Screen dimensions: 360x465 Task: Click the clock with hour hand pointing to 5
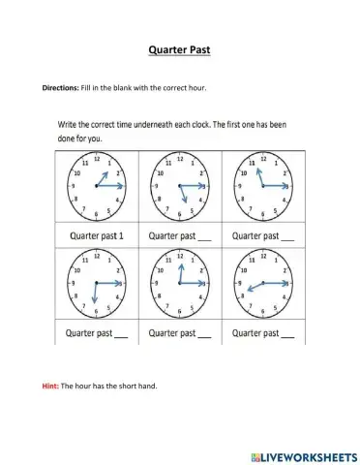click(x=179, y=184)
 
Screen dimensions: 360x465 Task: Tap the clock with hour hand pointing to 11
click(x=263, y=184)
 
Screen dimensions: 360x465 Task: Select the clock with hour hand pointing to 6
click(x=95, y=282)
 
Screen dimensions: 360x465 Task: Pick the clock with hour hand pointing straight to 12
click(x=179, y=282)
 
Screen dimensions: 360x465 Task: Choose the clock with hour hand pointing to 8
click(x=263, y=282)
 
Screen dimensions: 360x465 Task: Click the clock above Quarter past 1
click(x=95, y=184)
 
